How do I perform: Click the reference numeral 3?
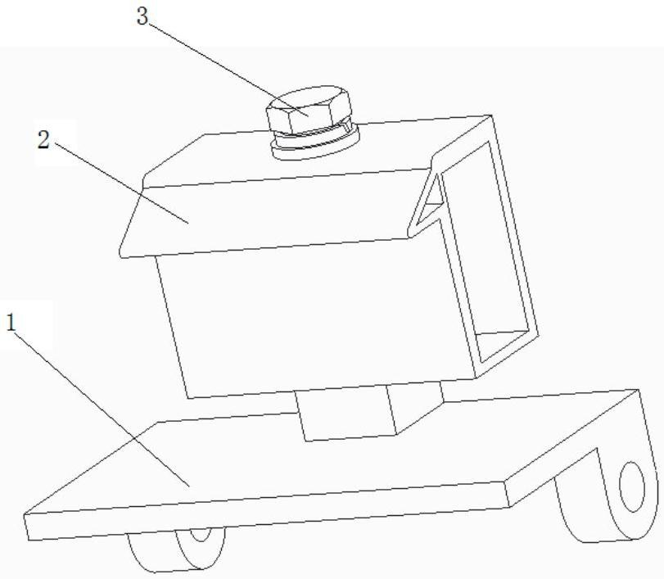(143, 16)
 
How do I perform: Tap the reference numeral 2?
(43, 139)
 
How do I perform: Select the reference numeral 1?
(11, 323)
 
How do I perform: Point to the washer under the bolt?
(315, 146)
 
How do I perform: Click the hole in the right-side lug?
(632, 487)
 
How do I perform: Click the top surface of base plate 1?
(327, 459)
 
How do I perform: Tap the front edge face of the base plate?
(262, 516)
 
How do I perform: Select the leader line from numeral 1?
(98, 405)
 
